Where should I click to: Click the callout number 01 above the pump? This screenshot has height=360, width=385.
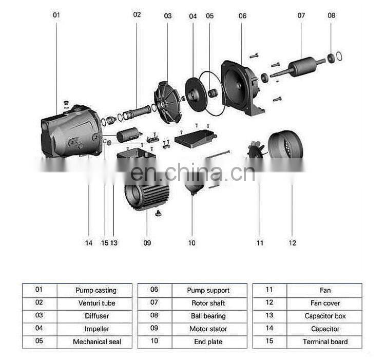(x=56, y=15)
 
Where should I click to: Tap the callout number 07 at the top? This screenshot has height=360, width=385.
(x=301, y=15)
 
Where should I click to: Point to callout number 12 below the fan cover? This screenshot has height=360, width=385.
(x=293, y=243)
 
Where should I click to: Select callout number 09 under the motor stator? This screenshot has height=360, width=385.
(x=147, y=243)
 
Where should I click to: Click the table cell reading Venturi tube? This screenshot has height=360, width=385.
(x=95, y=303)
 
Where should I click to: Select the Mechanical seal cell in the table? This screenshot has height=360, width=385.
(x=95, y=342)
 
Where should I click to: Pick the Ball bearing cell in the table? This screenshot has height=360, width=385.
(x=208, y=316)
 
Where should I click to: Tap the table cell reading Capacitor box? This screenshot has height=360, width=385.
(x=325, y=316)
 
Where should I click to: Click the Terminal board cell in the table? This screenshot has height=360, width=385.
(x=325, y=342)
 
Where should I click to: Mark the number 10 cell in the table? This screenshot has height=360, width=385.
(x=155, y=342)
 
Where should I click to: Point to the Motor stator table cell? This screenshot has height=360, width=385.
(x=208, y=329)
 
